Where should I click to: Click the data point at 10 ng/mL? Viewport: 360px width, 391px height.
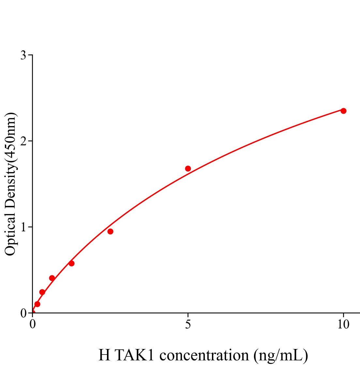click(x=343, y=111)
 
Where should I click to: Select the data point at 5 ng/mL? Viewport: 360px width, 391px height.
click(x=188, y=168)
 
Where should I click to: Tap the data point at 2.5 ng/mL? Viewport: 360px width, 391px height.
click(x=110, y=231)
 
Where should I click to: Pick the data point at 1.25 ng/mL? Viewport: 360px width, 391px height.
click(x=71, y=263)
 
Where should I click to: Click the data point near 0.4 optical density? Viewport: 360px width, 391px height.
click(x=52, y=278)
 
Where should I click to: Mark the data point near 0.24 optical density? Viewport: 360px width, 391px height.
click(x=42, y=292)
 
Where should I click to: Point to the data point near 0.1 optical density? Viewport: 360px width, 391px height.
click(x=37, y=304)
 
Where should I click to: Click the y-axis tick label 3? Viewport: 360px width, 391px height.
click(x=23, y=55)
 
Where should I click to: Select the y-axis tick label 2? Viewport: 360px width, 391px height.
click(x=23, y=141)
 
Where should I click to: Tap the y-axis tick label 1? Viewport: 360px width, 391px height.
click(x=23, y=227)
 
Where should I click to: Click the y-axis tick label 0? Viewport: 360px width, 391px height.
click(x=23, y=313)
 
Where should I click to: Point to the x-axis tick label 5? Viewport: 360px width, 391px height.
click(x=188, y=325)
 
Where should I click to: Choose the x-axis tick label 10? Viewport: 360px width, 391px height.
click(x=343, y=325)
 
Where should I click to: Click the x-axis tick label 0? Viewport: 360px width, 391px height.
click(x=33, y=325)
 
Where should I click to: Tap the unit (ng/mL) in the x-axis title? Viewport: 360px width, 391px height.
click(x=281, y=355)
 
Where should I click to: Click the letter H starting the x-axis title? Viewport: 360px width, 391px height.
click(x=104, y=355)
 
